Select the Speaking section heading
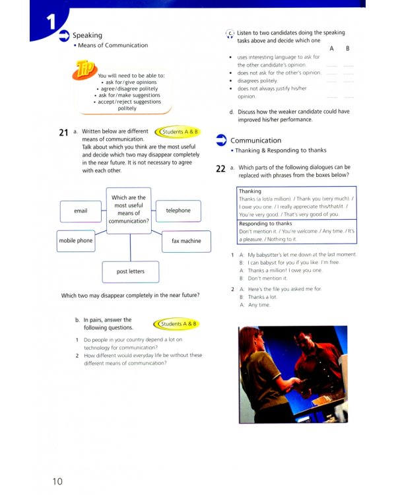87,35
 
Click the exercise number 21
63,133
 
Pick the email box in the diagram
81,211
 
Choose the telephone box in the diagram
178,211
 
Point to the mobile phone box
76,241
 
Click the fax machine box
186,241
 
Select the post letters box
130,271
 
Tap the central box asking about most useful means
129,209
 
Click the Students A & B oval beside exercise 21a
180,132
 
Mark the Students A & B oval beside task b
178,324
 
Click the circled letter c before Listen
230,33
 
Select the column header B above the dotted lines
348,49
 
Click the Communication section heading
255,141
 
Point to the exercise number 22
221,168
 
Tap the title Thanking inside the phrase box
250,191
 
